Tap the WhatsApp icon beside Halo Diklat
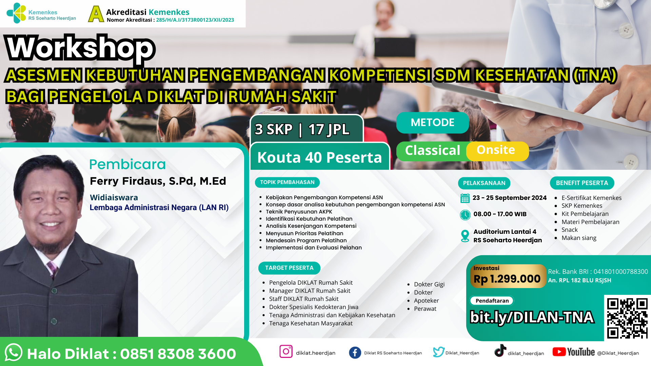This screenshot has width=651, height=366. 14,352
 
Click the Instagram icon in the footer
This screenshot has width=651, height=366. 286,351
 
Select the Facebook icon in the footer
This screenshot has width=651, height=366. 355,352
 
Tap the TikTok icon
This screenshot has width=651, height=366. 500,350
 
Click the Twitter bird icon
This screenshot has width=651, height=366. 438,352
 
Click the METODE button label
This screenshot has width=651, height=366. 432,122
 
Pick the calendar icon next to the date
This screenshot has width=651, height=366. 465,198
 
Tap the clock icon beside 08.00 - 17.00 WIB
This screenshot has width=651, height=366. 465,215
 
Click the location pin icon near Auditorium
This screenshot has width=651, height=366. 465,236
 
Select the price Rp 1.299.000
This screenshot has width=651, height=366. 507,279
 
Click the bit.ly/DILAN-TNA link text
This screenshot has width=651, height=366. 532,318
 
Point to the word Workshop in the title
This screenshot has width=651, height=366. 81,48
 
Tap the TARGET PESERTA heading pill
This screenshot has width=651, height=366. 289,268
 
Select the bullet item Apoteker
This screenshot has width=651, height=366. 426,301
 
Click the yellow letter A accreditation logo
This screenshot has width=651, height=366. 96,14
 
